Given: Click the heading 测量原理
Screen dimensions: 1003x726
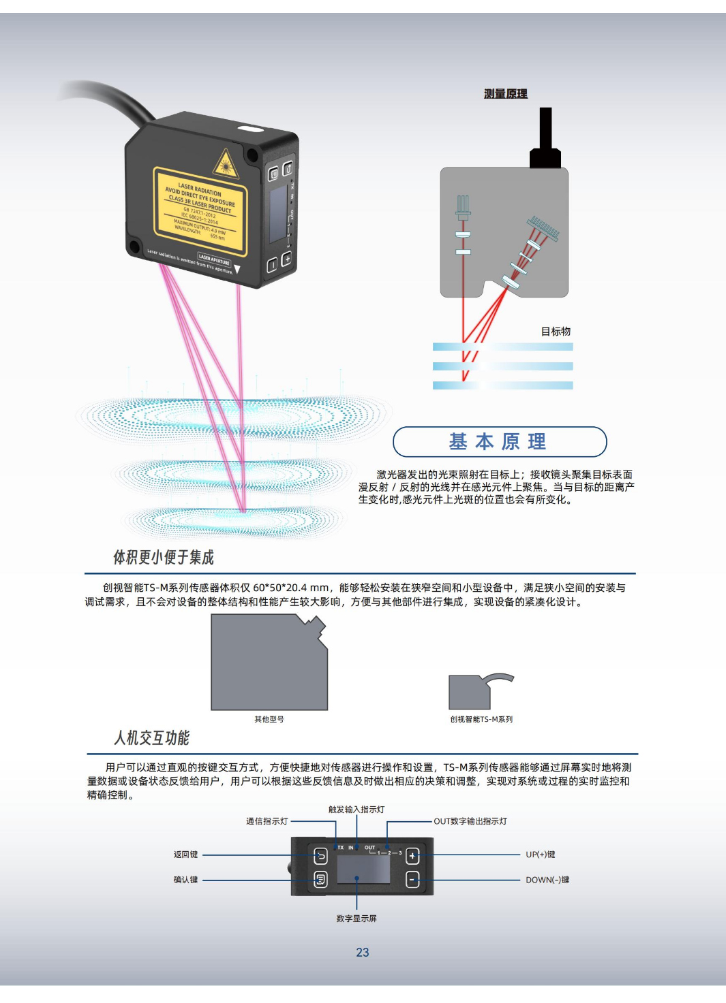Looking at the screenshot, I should (505, 94).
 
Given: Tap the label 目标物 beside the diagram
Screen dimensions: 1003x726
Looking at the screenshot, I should (556, 332).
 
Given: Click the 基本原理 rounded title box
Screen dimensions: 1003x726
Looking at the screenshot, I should (499, 442).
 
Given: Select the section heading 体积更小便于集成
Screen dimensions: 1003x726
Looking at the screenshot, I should (164, 558).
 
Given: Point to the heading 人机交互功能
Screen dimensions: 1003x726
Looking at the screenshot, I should (151, 738).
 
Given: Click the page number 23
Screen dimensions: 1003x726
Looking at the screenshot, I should (363, 953).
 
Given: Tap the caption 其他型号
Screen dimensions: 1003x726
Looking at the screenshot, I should (269, 719).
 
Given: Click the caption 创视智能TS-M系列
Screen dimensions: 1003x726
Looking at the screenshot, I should (481, 719).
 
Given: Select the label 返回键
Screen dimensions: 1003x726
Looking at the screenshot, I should (185, 855).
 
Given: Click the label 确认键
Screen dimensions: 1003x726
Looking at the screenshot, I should (185, 880).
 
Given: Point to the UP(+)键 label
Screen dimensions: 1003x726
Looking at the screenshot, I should (541, 855).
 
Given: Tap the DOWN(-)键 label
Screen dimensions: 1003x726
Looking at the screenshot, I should (547, 880).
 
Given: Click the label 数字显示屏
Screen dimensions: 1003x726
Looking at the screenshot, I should (357, 919).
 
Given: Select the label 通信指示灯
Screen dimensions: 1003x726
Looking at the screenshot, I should (267, 821).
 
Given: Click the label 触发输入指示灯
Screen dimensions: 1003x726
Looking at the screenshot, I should (357, 810).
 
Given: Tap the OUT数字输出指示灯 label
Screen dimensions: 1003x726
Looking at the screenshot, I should (470, 821).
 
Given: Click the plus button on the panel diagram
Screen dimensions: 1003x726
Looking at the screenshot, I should (412, 856).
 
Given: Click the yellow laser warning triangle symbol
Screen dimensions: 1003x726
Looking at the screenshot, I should (225, 165).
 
